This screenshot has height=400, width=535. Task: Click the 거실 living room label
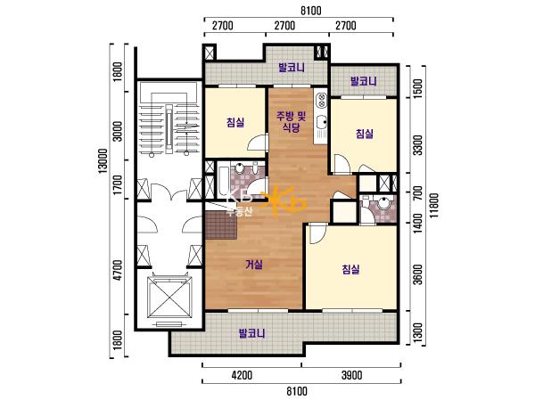(254, 265)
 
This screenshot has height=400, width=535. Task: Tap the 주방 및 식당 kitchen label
(291, 121)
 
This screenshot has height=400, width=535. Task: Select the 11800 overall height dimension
(434, 205)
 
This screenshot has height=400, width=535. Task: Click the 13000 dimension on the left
(103, 161)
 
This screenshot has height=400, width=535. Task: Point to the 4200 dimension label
(242, 375)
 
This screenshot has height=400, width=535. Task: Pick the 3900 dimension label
(352, 375)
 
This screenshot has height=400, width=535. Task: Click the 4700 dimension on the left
(118, 270)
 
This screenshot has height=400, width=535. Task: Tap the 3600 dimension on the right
(417, 274)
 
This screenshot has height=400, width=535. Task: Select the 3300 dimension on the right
(417, 145)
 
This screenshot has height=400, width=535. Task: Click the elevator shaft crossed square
(169, 297)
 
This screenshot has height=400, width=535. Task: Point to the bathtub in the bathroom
(224, 181)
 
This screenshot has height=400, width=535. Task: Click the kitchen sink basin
(321, 122)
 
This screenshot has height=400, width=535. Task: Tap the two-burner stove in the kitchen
(321, 100)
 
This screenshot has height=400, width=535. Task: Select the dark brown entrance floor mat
(221, 225)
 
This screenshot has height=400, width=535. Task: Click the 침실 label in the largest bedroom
(350, 270)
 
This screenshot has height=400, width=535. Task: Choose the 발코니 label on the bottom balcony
(252, 333)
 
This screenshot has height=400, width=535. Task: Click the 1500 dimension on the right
(417, 88)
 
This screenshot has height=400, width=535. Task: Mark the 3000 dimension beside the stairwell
(118, 131)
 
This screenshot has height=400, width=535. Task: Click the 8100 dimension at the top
(311, 11)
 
